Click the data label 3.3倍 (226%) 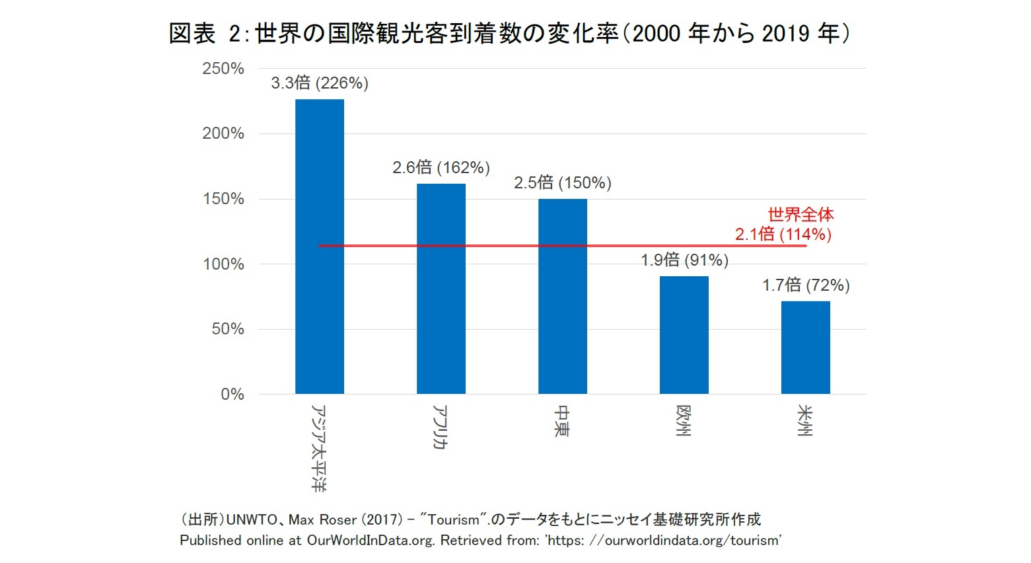[320, 83]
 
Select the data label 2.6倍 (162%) [441, 168]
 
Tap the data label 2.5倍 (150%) [563, 183]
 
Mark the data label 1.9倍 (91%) [684, 260]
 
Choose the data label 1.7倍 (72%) [806, 285]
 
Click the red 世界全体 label [800, 215]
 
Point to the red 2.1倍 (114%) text [783, 235]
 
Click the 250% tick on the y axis [223, 69]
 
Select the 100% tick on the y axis [223, 264]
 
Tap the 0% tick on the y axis [232, 394]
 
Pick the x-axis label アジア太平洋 [319, 448]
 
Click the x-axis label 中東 [562, 421]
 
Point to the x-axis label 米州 [805, 421]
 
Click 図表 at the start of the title [192, 33]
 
